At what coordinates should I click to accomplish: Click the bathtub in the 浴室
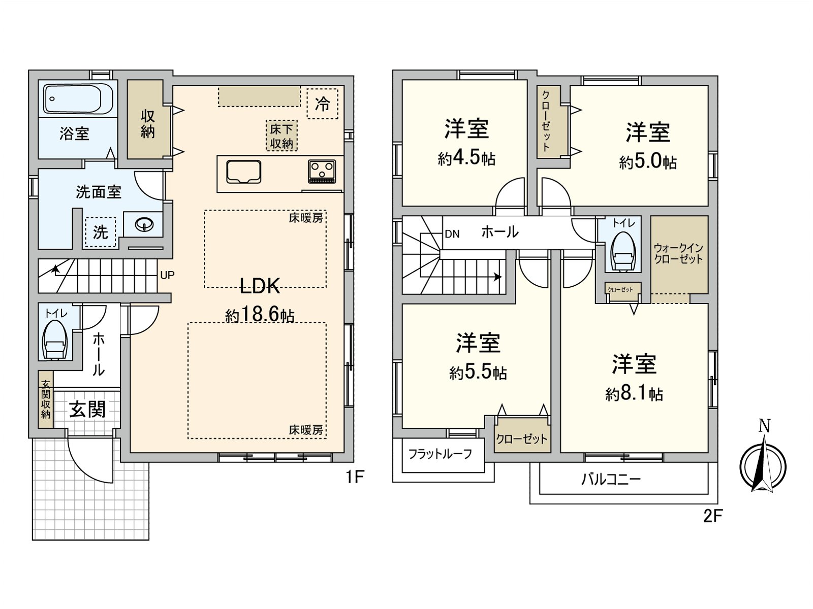point(78,99)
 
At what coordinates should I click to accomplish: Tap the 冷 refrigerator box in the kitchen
point(322,104)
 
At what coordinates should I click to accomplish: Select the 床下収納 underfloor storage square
point(282,136)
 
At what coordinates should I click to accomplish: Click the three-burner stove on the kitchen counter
point(322,171)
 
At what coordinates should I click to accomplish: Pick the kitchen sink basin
point(244,172)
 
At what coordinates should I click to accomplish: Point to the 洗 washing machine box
point(101,232)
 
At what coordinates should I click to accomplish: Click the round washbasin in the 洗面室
point(144,224)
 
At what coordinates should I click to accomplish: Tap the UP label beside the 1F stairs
point(167,275)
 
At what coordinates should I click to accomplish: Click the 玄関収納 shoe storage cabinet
point(46,399)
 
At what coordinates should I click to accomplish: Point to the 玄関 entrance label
point(87,410)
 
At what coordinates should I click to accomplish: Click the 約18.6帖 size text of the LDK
point(260,315)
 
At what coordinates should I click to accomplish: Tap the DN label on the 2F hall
point(452,234)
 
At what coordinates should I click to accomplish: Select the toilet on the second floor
point(622,251)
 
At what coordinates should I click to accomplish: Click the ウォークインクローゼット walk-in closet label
point(678,254)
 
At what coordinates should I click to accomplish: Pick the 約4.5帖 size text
point(466,159)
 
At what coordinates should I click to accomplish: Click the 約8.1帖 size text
point(634,394)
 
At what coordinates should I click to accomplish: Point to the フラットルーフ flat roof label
point(441,454)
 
